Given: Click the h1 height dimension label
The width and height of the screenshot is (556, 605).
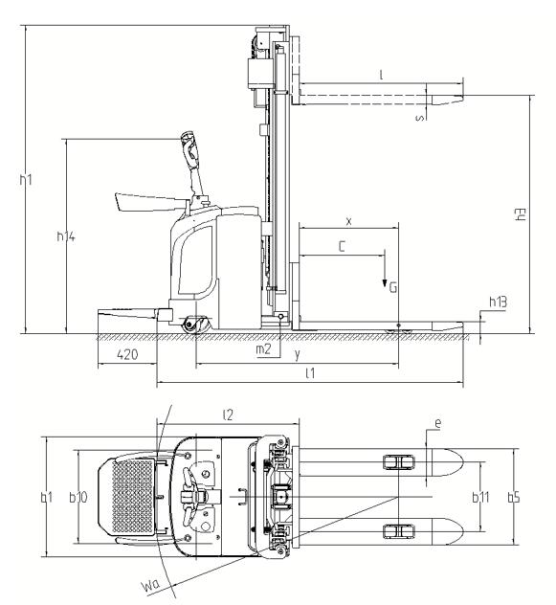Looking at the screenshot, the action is coord(26,179).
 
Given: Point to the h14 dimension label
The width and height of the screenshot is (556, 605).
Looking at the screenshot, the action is coord(66,235).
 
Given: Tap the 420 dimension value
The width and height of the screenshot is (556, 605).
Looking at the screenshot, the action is coord(127,354).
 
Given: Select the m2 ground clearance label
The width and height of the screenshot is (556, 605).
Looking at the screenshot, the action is coord(263,349).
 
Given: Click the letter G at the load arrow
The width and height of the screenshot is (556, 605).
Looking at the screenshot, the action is coord(392,287).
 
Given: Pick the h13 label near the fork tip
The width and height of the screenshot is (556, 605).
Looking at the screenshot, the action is coord(498,302).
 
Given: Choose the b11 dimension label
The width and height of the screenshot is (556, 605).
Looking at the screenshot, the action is coord(480,498).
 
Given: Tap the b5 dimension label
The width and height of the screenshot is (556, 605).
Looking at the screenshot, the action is coord(514,498).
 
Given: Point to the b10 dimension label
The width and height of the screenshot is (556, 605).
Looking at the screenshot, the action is coord(78,498).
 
